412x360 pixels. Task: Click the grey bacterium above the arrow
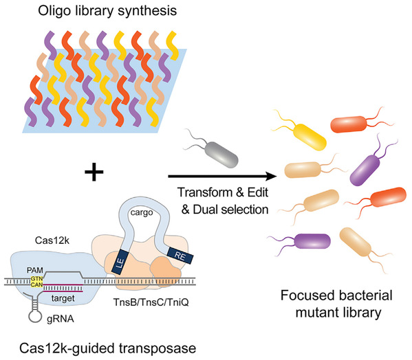[x=223, y=155]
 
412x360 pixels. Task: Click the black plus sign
[x=94, y=172]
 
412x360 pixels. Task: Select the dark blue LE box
[x=120, y=262]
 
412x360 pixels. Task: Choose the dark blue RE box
[x=180, y=256]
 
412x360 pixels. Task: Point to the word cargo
[x=142, y=212]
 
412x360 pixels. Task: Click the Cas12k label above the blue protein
[x=52, y=240]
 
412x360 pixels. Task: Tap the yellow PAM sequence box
[x=36, y=282]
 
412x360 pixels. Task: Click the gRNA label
[x=61, y=319]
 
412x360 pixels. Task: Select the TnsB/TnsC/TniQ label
[x=151, y=302]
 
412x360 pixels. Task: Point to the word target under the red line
[x=63, y=298]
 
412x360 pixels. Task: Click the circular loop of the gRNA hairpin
[x=35, y=315]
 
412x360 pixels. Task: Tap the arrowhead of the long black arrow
[x=271, y=177]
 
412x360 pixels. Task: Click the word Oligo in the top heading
[x=52, y=11]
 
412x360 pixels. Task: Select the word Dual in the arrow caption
[x=205, y=210]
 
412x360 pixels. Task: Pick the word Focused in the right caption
[x=305, y=295]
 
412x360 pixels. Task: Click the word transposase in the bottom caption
[x=158, y=349]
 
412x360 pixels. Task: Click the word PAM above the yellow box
[x=35, y=270]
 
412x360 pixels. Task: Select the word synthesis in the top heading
[x=147, y=12]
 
